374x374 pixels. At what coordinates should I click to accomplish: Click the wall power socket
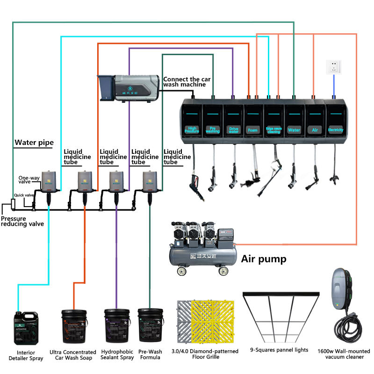pos(334,67)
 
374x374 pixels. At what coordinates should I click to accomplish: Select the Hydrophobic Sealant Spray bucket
pos(117,327)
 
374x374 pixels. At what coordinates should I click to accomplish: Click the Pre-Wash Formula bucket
pos(150,327)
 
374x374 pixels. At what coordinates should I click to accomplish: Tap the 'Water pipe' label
pos(34,143)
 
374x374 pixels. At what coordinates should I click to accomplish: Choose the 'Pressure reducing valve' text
pos(22,221)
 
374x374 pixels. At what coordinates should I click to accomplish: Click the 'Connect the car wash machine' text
pos(185,82)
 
